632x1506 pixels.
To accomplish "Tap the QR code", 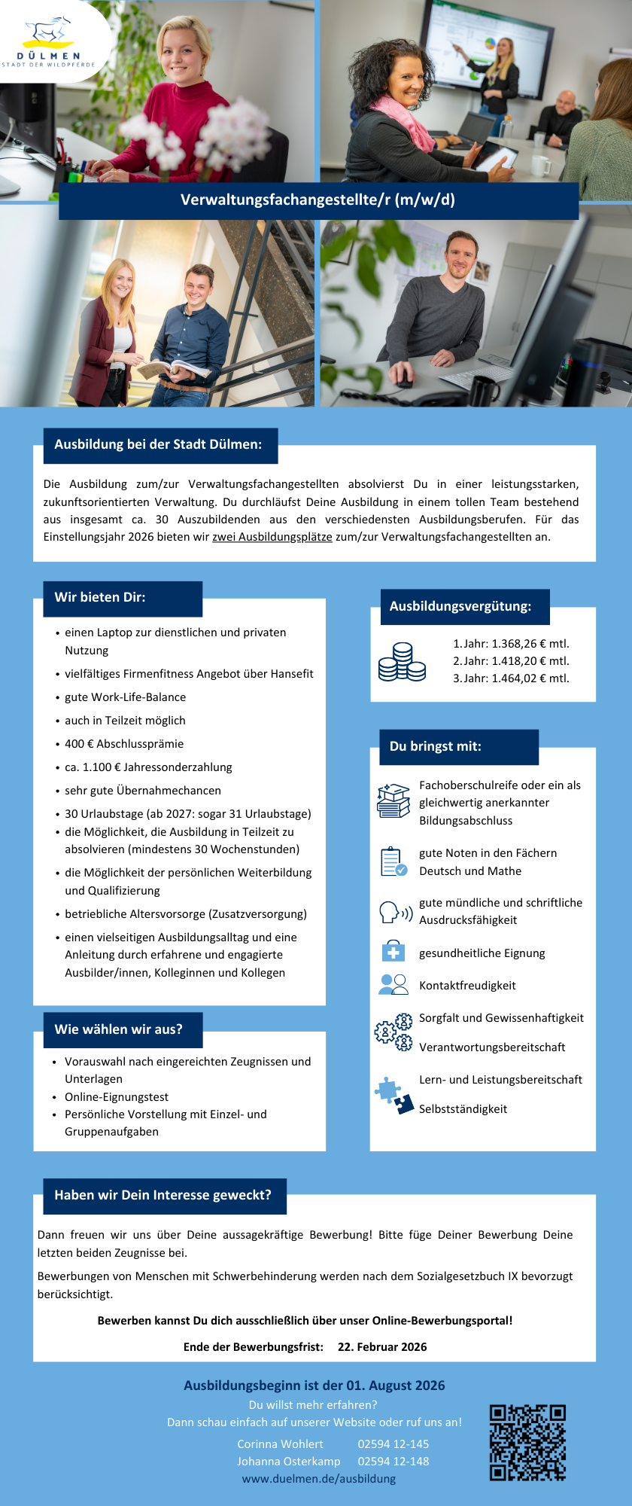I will (527, 1442).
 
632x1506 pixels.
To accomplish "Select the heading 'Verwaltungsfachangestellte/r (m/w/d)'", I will (318, 200).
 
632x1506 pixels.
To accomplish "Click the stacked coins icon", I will (402, 662).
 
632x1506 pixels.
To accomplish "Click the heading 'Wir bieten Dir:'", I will (100, 597).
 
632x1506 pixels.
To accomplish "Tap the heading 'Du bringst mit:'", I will (435, 746).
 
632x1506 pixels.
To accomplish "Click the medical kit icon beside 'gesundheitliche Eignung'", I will (393, 952).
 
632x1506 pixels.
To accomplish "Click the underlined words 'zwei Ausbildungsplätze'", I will (272, 537).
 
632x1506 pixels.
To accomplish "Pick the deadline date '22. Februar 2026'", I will (382, 1346).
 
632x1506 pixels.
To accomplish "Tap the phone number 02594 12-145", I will (393, 1444).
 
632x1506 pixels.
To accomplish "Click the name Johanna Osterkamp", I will (289, 1461).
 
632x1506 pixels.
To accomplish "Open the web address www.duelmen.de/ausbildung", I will (319, 1478).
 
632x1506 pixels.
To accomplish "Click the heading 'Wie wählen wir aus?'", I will (118, 1029).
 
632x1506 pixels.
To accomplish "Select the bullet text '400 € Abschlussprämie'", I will (124, 744).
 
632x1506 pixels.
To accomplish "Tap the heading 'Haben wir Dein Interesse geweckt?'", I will (163, 1195).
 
